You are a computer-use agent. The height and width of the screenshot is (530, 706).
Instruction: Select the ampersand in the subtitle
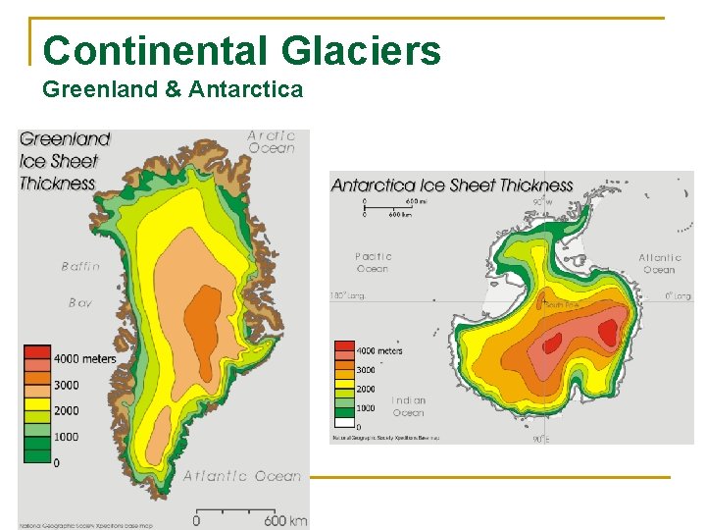(172, 90)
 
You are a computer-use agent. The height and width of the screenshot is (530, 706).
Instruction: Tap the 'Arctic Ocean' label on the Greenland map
(271, 142)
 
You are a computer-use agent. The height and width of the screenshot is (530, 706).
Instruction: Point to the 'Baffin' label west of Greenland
(80, 266)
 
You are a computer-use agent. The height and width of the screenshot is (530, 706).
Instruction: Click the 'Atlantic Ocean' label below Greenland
(242, 476)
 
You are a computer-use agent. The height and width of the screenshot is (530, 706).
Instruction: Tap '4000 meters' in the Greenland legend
(84, 358)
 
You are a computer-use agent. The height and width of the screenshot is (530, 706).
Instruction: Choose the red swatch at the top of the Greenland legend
(37, 351)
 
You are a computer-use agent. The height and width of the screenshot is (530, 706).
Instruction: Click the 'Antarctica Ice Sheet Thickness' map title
(452, 185)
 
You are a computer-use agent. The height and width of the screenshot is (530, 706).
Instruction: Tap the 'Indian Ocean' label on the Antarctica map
(409, 406)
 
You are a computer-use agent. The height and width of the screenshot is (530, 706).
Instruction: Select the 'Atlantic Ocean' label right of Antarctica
(659, 264)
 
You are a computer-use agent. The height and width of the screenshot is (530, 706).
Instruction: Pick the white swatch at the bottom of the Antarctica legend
(344, 423)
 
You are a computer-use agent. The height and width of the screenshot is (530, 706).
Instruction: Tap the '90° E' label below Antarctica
(540, 439)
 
